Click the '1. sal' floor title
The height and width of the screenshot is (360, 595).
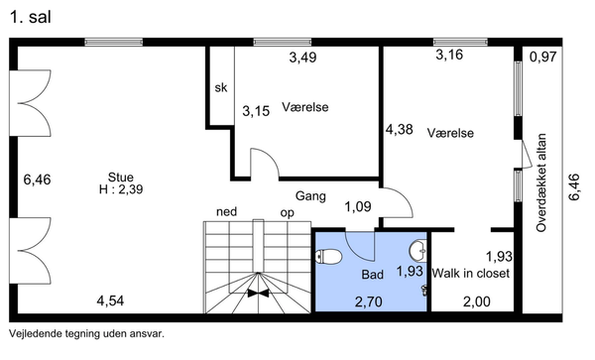coord(31,18)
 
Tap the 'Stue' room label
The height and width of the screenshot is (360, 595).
coord(121,178)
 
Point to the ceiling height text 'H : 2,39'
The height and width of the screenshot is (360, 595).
coord(121,188)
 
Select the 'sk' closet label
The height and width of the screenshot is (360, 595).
coord(221,87)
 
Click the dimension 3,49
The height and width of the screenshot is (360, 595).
coord(302,58)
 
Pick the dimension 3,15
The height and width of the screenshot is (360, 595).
coord(256,111)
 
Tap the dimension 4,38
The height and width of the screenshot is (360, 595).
coord(400,129)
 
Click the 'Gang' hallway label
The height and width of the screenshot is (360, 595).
coord(310,196)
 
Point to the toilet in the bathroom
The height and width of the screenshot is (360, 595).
coord(329,257)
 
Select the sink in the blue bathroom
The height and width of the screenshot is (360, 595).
coord(417,251)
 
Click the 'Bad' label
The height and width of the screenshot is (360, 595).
coord(372,275)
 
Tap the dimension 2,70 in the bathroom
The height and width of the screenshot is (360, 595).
coord(369,301)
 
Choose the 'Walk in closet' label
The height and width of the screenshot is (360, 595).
coord(470,273)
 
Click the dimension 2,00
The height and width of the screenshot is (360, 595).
coord(477,301)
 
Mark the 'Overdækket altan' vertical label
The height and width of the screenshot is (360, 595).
coord(541,182)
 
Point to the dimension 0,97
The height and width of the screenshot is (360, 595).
coord(543,57)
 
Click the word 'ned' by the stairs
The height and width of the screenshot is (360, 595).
coord(226,211)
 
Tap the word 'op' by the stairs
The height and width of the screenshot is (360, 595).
coord(288,213)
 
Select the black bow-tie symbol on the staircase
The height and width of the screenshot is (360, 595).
coord(258,293)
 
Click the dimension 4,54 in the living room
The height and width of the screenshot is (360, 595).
coord(110,301)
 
